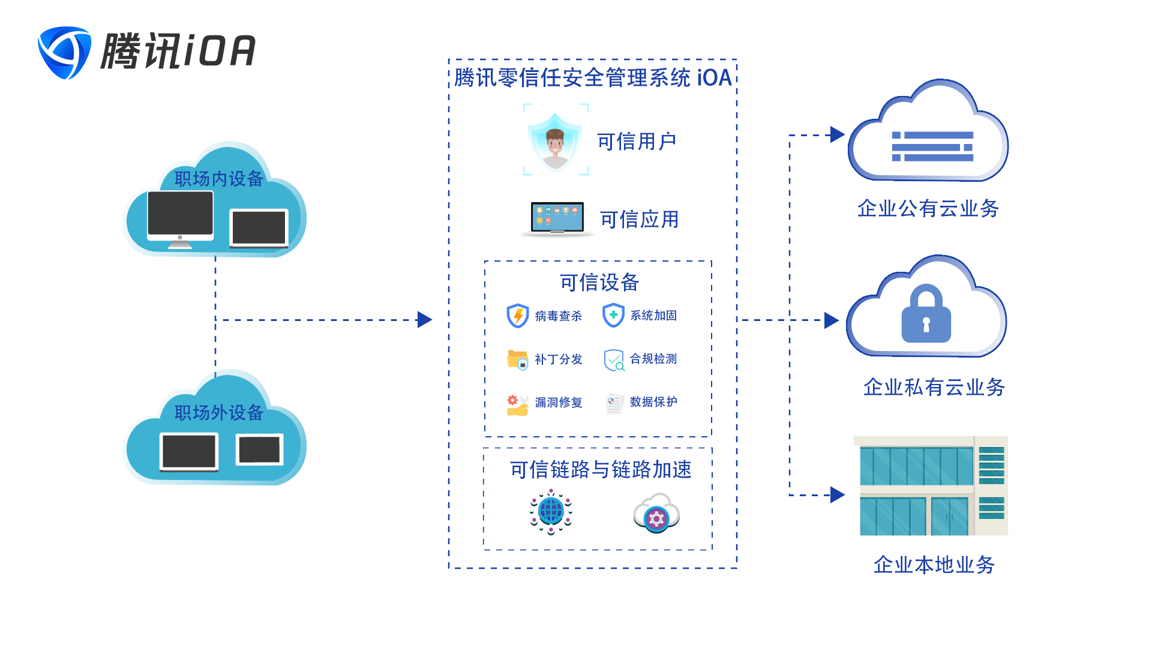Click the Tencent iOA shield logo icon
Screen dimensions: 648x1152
(x=64, y=52)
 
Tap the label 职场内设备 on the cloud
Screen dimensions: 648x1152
(x=218, y=179)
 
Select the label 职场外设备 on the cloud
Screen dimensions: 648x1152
(x=218, y=413)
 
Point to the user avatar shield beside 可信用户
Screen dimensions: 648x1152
(x=555, y=142)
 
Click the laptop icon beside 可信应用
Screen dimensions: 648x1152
(x=557, y=218)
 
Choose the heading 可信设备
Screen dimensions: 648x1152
(x=599, y=283)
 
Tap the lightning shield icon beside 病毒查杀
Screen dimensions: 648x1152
(x=517, y=316)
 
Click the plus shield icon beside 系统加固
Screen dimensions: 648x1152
(x=613, y=315)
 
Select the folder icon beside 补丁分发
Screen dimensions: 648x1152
(x=517, y=359)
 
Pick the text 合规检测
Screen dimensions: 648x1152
(x=653, y=359)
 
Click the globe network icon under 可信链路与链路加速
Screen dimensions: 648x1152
(x=551, y=512)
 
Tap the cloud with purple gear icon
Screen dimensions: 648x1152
(x=656, y=514)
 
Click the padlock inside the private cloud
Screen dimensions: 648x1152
(x=926, y=314)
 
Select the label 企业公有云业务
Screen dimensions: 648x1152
(x=928, y=208)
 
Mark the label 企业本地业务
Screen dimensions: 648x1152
(x=934, y=565)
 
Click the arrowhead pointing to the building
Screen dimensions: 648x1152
(x=838, y=495)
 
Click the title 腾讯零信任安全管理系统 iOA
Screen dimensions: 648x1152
(x=593, y=78)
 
